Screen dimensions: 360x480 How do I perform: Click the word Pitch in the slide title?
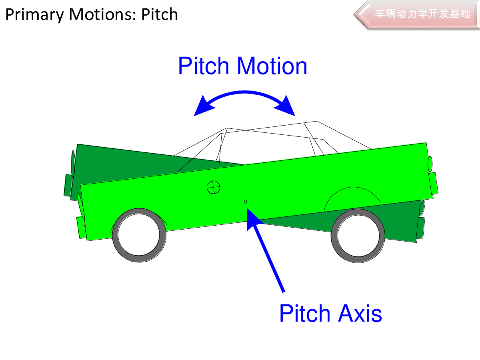pos(159,15)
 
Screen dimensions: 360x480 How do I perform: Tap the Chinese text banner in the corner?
pos(422,14)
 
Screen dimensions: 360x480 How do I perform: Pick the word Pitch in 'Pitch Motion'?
pos(204,66)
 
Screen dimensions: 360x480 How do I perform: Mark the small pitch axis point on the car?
pos(246,202)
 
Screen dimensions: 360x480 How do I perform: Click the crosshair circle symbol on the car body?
pos(213,186)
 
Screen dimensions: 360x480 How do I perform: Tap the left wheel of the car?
pos(139,234)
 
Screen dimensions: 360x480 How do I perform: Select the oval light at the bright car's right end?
pos(430,163)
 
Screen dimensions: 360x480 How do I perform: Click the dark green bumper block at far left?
pos(68,185)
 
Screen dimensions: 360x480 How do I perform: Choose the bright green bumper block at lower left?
pos(81,228)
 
